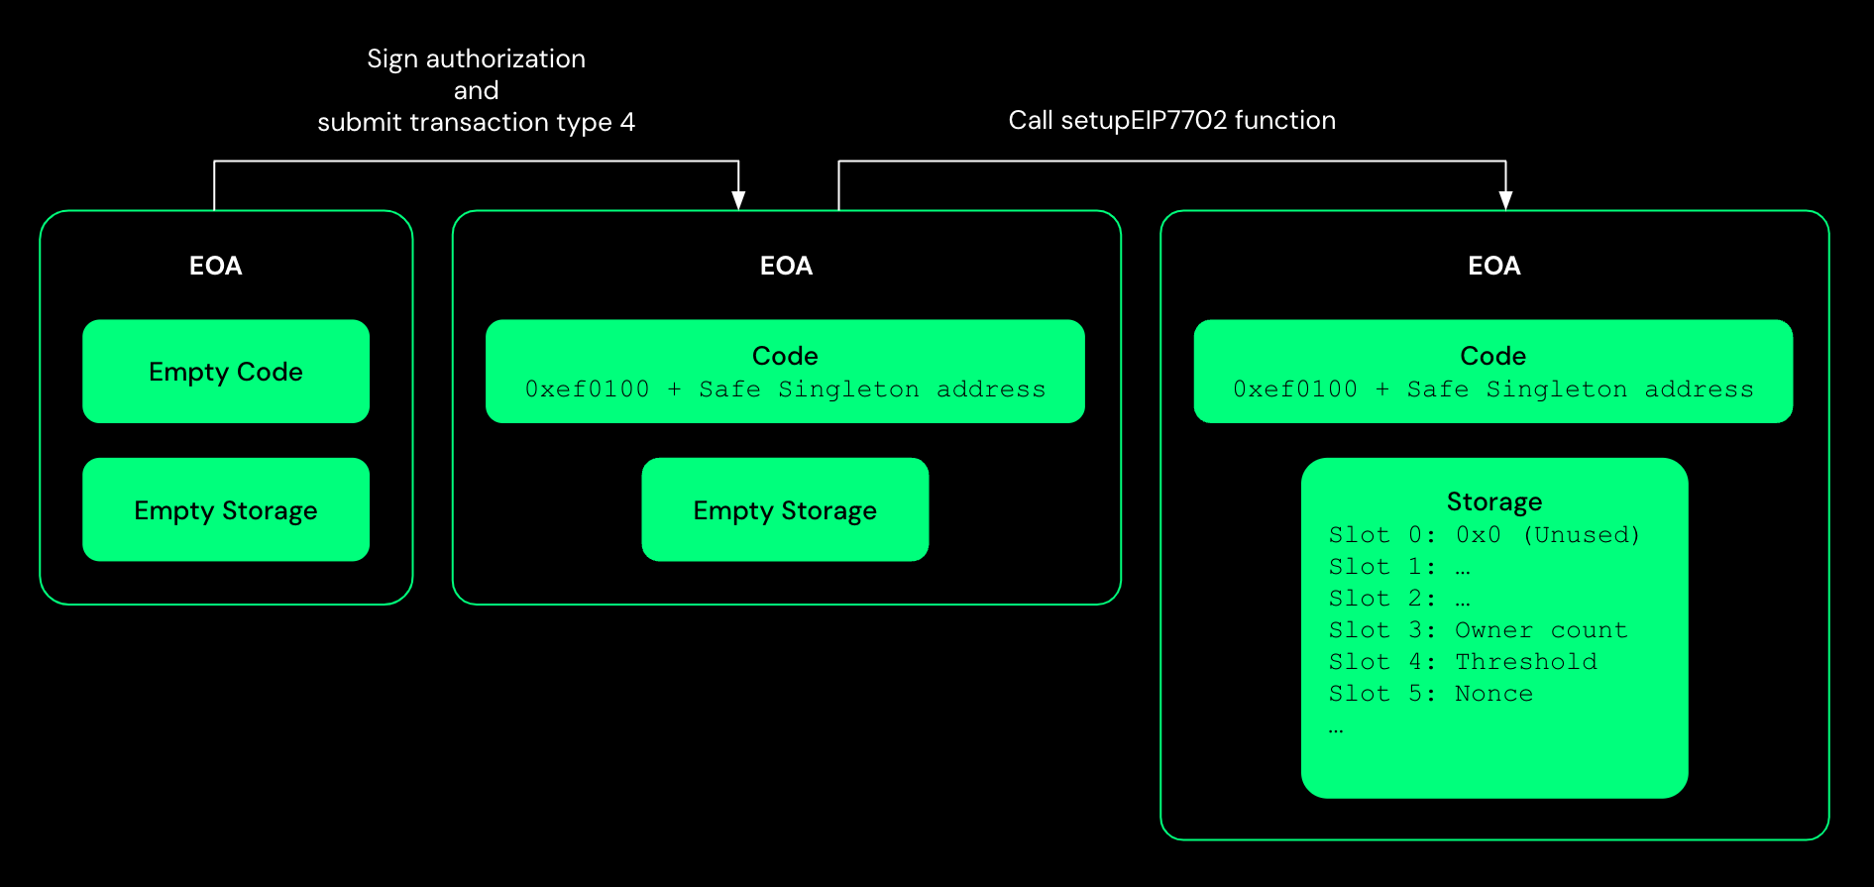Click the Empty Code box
pos(226,372)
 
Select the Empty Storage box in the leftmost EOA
pos(226,510)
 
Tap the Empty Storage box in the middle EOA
pos(785,510)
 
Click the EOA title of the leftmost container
pos(215,266)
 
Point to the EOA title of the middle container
pos(786,266)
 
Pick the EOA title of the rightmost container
pos(1493,266)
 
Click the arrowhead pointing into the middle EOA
pos(738,200)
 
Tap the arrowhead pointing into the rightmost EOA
pos(1505,200)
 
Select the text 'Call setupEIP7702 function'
pos(1171,121)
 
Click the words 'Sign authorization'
pos(476,58)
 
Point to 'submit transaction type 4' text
pos(476,122)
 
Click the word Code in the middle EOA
pos(785,356)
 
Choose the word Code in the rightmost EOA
pos(1492,356)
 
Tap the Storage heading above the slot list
pos(1493,501)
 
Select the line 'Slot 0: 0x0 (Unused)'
pos(1484,535)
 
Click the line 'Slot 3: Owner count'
pos(1478,630)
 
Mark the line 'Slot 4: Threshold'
pos(1463,662)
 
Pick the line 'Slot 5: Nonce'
pos(1430,694)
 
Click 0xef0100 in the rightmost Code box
pos(1295,389)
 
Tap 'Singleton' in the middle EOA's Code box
pos(848,389)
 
